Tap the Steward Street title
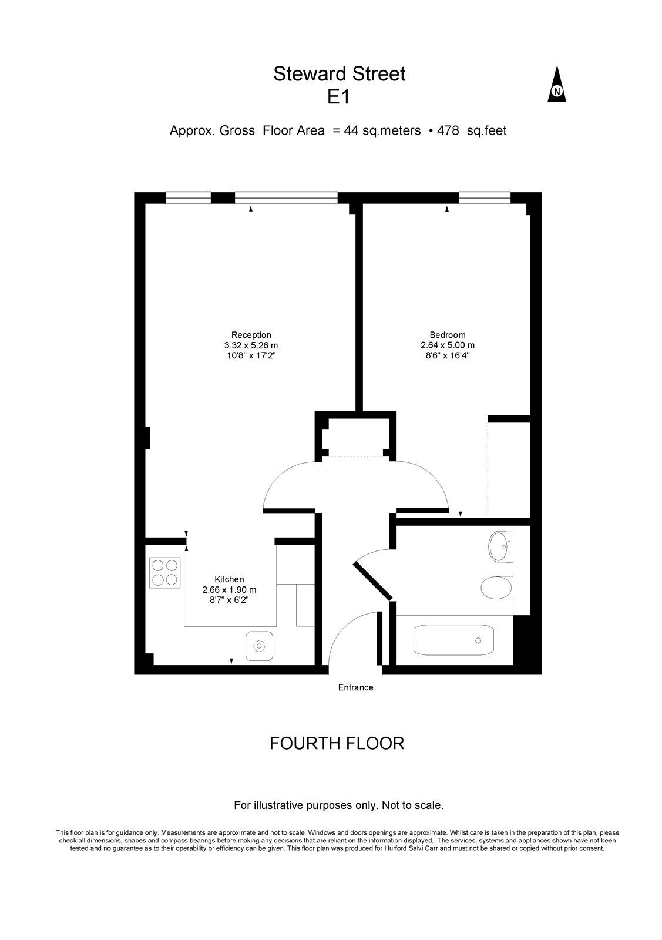click(x=339, y=74)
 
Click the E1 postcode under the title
click(x=338, y=98)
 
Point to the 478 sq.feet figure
click(x=472, y=130)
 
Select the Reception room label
click(x=251, y=335)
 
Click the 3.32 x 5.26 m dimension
click(x=251, y=345)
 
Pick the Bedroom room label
click(x=447, y=335)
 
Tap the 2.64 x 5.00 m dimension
click(x=447, y=345)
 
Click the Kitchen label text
click(x=229, y=579)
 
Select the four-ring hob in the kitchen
click(x=164, y=572)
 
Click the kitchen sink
click(x=259, y=646)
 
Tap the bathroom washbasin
click(x=500, y=546)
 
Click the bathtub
click(x=453, y=640)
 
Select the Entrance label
click(x=355, y=687)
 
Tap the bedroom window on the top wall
click(x=485, y=197)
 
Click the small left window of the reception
click(x=188, y=197)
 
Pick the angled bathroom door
click(x=373, y=581)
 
